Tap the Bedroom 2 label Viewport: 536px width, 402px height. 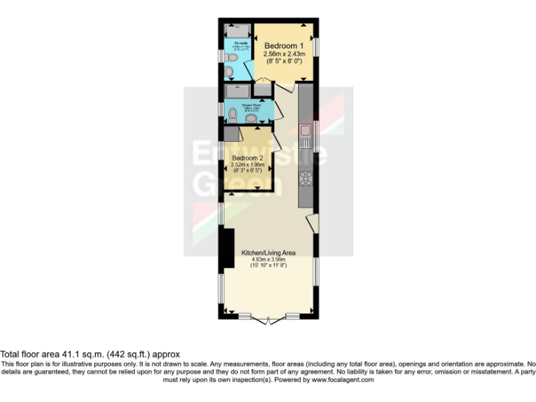pyautogui.click(x=248, y=158)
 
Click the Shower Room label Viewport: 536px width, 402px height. pyautogui.click(x=251, y=105)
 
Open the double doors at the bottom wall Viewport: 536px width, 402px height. pyautogui.click(x=269, y=320)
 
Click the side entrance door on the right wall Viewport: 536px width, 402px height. pyautogui.click(x=313, y=223)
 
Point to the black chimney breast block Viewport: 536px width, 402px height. pyautogui.click(x=227, y=248)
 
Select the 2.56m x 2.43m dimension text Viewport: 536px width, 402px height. pyautogui.click(x=285, y=54)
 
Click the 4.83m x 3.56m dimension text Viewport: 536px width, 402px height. pyautogui.click(x=269, y=259)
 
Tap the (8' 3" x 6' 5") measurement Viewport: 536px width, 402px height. pyautogui.click(x=248, y=171)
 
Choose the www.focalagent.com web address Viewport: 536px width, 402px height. pyautogui.click(x=343, y=380)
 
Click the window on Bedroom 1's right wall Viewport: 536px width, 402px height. pyautogui.click(x=316, y=45)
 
